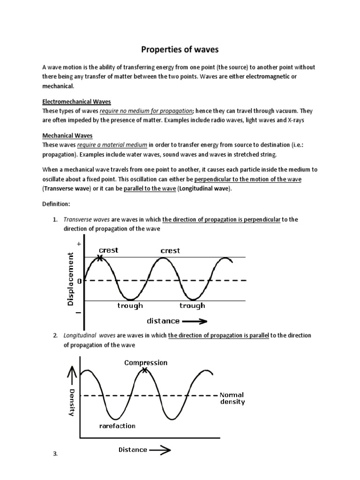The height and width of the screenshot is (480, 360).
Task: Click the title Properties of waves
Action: click(180, 49)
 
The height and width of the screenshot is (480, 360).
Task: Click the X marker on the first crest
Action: click(99, 257)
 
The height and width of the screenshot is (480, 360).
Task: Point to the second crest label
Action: click(170, 250)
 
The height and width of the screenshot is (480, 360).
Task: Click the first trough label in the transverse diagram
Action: click(130, 306)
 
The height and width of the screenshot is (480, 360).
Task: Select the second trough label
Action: click(192, 306)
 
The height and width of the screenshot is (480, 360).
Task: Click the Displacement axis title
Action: click(71, 279)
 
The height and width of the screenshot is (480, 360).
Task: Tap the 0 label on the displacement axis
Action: click(79, 281)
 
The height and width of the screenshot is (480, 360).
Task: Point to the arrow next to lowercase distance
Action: click(195, 321)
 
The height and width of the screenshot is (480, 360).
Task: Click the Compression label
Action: click(145, 362)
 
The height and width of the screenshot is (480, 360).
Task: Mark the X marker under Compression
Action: click(144, 370)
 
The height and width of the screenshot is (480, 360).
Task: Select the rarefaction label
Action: click(117, 426)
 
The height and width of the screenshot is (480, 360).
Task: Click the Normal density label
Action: click(232, 398)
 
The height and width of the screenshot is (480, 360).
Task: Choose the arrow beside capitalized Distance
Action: click(160, 450)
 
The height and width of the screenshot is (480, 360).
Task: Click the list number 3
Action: click(55, 454)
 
